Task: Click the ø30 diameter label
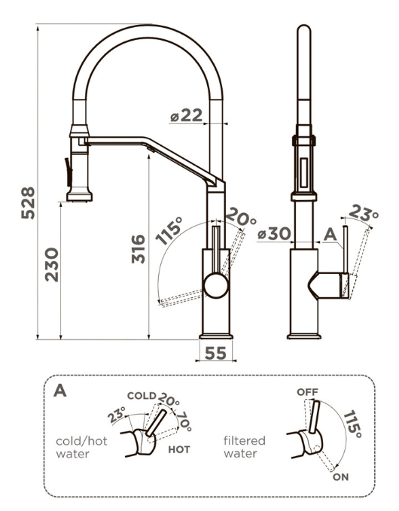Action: coord(273,234)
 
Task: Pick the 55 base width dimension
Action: coord(215,352)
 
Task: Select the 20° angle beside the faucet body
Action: coord(241,218)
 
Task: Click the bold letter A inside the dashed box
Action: coord(59,392)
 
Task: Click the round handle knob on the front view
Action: coord(215,285)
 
